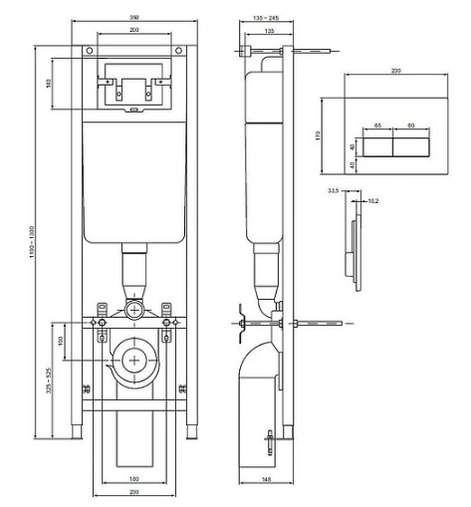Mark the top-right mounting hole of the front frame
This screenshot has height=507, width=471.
pyautogui.click(x=176, y=50)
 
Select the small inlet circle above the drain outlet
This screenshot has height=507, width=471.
pyautogui.click(x=133, y=310)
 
